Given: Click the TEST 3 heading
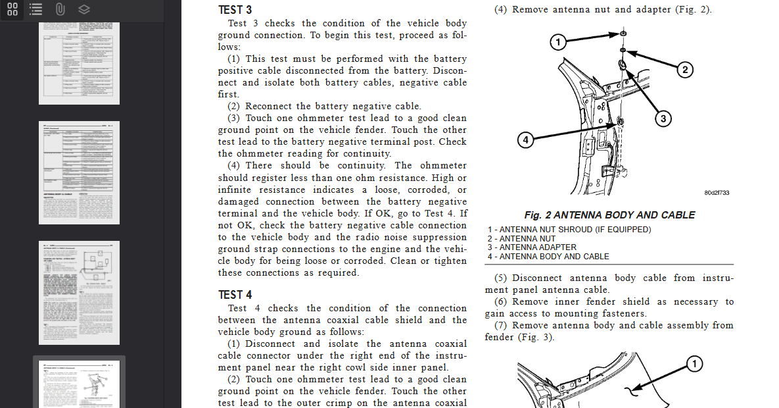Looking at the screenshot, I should point(235,10).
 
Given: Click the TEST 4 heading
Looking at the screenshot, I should point(235,295).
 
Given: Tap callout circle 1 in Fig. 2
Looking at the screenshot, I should point(557,43).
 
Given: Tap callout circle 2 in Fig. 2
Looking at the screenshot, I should point(684,70).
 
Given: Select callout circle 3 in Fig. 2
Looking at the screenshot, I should point(663,118).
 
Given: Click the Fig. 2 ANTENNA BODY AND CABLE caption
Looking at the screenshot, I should point(609,215).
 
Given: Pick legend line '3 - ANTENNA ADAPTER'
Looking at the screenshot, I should point(532,247).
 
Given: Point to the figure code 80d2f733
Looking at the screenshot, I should point(717,193).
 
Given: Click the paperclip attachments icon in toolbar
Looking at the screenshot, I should point(60,10).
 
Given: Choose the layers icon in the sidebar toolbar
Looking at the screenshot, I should point(83,10).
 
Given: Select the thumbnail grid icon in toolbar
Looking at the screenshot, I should point(12,10).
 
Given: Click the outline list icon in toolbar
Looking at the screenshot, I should point(36,10).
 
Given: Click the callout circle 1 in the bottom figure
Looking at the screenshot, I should point(694,363).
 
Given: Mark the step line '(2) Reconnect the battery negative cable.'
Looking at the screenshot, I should point(324,106).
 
